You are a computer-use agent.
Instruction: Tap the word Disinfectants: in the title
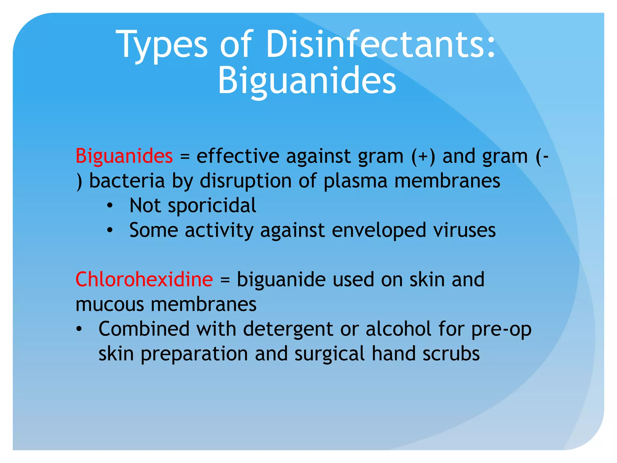[x=381, y=45]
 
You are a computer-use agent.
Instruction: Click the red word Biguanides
[x=124, y=156]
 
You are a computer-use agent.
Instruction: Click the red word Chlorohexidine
[x=144, y=279]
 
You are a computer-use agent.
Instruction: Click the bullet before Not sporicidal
[x=110, y=206]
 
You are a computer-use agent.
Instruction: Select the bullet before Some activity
[x=110, y=231]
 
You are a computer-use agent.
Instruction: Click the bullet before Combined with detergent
[x=79, y=329]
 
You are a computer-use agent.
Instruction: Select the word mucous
[x=110, y=304]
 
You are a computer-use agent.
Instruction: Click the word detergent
[x=288, y=329]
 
